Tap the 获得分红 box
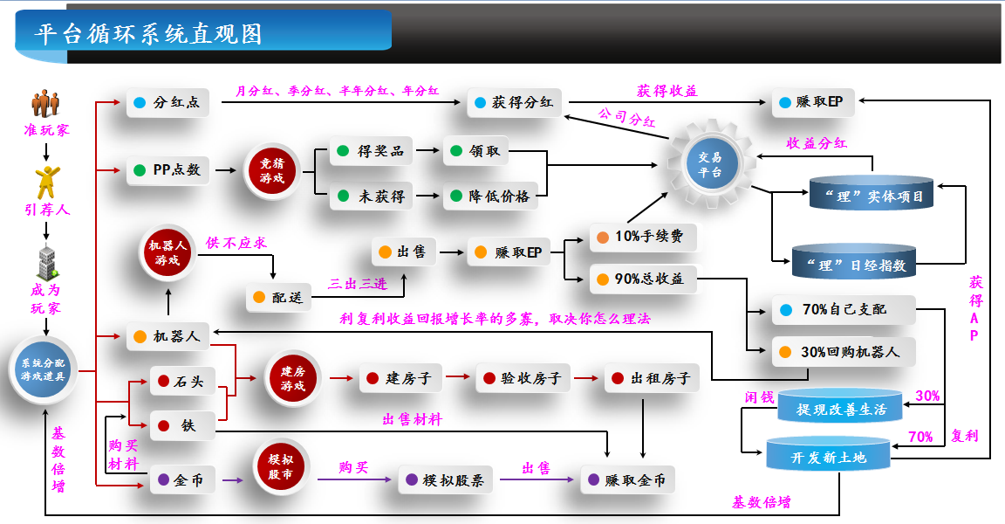(515, 103)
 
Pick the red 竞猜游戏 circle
(272, 170)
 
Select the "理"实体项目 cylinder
(871, 194)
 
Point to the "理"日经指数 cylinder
(854, 261)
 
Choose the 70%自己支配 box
(843, 309)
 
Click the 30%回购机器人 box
(843, 352)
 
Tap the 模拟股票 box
(447, 479)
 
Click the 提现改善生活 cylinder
(841, 407)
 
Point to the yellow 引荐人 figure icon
(45, 182)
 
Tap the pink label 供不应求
(236, 243)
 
